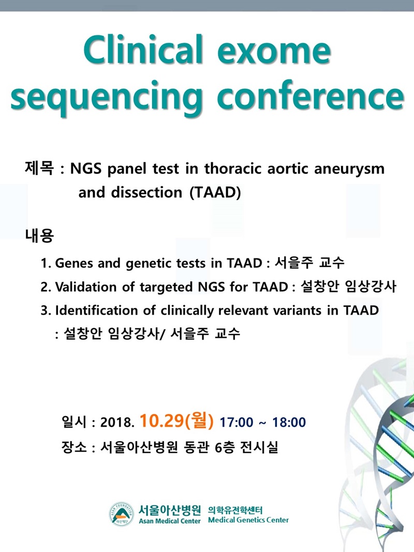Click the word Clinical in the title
point(143,49)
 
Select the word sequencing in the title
point(106,98)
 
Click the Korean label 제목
point(39,168)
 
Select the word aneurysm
point(349,169)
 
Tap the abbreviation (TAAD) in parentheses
point(215,192)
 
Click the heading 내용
point(39,235)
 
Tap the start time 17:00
point(236,422)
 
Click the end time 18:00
point(289,422)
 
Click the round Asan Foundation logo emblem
point(121,514)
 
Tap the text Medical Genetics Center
point(248,520)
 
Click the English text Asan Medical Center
point(170,521)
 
